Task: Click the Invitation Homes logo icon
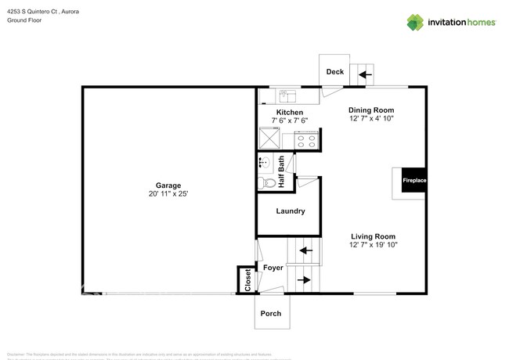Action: click(415, 22)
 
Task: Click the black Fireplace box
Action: click(414, 181)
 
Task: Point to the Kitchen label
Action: click(289, 112)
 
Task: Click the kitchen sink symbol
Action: click(286, 95)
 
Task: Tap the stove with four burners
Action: click(305, 141)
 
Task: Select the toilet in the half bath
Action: click(269, 182)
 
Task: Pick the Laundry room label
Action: click(290, 211)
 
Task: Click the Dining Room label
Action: click(371, 110)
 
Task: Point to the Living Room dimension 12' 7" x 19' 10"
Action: click(373, 245)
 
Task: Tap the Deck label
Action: click(334, 72)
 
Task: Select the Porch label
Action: click(271, 313)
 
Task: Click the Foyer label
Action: click(273, 268)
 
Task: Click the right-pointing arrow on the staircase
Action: click(304, 279)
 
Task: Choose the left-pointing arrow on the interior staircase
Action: click(305, 251)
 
